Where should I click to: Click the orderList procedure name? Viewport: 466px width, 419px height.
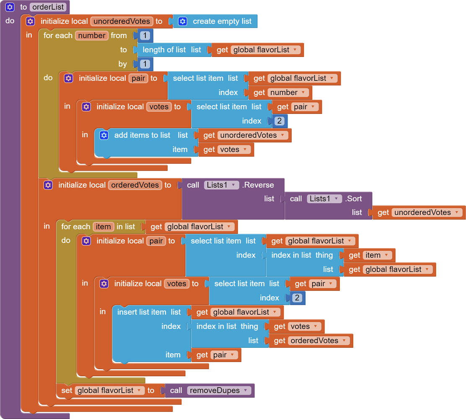coord(48,7)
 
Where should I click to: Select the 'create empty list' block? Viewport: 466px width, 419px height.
coord(222,21)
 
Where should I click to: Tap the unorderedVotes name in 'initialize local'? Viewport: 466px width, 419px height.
coord(122,21)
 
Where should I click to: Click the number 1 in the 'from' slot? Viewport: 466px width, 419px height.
coord(145,35)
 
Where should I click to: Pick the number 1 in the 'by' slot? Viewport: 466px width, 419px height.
coord(145,64)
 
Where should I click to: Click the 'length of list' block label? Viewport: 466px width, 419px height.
coord(164,50)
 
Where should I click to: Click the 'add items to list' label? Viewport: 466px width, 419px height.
coord(142,135)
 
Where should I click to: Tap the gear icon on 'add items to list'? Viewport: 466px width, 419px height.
coord(104,135)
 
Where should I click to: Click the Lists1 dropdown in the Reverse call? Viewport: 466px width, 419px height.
coord(221,185)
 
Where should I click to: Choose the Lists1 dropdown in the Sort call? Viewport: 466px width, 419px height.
coord(324,199)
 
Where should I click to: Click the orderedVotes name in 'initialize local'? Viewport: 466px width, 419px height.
coord(135,185)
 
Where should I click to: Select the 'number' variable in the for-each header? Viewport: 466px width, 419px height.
coord(92,36)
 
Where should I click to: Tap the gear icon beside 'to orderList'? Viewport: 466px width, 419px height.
coord(10,7)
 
